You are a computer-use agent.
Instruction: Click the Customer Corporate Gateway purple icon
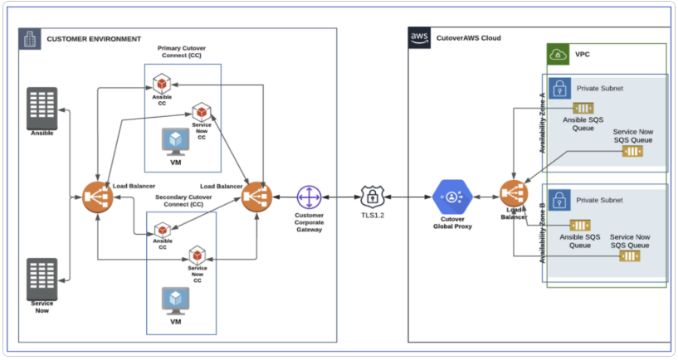(309, 197)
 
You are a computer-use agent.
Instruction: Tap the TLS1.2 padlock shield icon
(371, 197)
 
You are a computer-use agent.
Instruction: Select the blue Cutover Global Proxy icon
(452, 197)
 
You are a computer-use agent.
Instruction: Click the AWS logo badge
(419, 37)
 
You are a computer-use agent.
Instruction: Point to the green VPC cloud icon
(558, 55)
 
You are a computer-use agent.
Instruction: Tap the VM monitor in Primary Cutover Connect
(175, 141)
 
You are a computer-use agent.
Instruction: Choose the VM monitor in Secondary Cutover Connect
(175, 299)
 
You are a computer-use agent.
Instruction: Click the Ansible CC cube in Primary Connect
(161, 83)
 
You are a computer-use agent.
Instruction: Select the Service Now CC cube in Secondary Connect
(198, 255)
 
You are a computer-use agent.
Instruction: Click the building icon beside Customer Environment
(30, 38)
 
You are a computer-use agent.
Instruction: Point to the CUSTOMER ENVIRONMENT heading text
(93, 39)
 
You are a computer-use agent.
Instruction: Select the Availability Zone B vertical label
(542, 233)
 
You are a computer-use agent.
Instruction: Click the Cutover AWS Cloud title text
(468, 38)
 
